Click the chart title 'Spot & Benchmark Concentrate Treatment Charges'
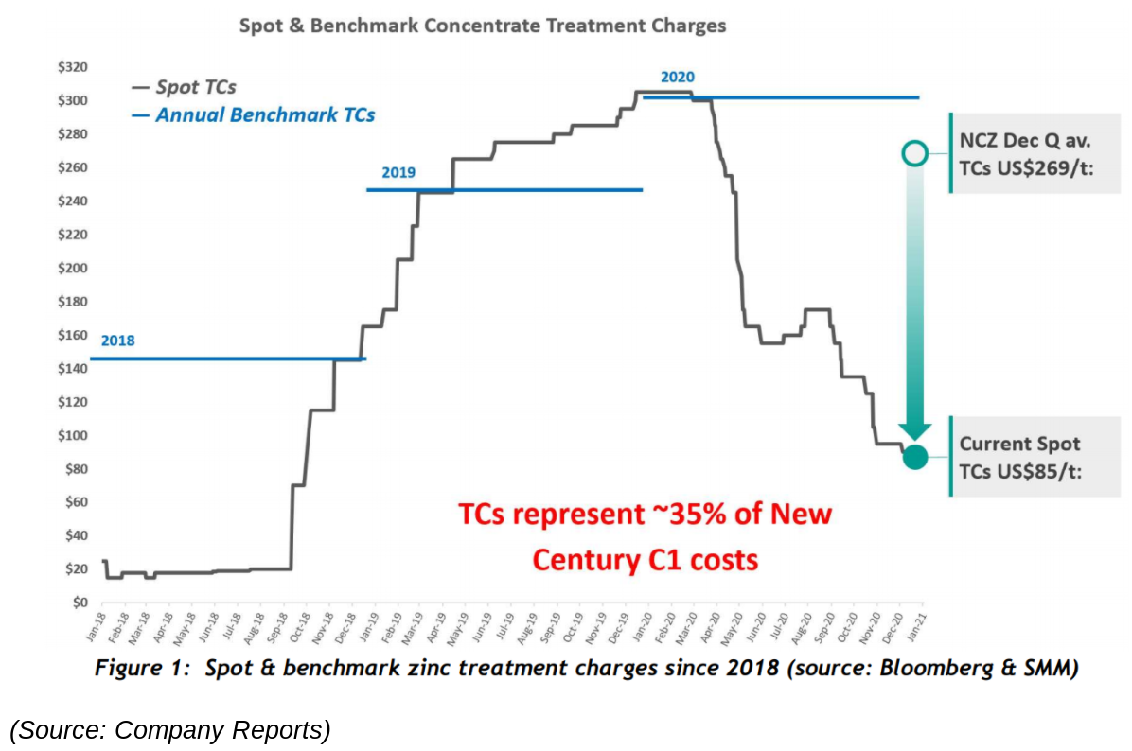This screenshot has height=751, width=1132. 483,26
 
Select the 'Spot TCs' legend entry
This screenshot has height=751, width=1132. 195,87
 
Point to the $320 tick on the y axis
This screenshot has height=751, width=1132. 72,67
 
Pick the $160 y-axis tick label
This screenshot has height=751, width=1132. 72,335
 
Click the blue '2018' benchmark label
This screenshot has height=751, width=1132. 117,341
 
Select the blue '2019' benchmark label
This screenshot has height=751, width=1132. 398,172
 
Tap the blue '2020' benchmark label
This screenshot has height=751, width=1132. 678,77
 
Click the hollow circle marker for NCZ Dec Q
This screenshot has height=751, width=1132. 914,153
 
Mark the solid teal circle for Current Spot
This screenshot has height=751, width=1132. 914,457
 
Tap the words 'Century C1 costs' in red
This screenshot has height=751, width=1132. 645,560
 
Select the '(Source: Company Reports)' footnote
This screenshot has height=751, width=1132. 170,729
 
